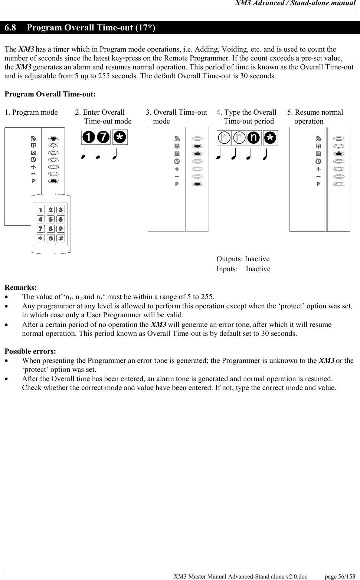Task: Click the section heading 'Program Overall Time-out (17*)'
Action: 91,28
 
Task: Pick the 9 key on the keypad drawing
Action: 60,229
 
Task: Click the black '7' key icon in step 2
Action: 103,137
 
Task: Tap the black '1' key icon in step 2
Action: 89,137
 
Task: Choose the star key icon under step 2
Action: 120,137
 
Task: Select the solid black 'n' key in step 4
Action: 254,138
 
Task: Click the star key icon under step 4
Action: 270,138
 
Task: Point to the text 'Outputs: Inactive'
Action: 243,259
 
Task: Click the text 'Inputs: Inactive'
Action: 243,269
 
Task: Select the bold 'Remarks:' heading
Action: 20,288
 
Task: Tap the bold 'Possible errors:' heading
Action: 30,351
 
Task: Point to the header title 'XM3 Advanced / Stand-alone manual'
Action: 296,4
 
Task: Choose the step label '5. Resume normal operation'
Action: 315,117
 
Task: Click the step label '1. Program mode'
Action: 31,112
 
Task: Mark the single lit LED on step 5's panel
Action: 338,154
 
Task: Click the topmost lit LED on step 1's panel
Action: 53,138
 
